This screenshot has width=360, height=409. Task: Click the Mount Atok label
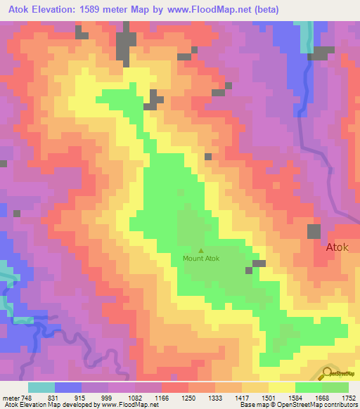point(201,259)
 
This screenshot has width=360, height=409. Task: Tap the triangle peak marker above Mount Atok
point(202,250)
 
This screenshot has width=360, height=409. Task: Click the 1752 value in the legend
point(349,397)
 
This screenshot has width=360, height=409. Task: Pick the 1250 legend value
point(188,397)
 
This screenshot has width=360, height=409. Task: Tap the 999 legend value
point(108,397)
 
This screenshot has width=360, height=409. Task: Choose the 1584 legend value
point(295,397)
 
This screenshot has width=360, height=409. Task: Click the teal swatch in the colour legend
point(41,387)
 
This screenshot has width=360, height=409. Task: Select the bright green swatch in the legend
point(308,387)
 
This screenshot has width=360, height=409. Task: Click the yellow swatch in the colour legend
point(281,387)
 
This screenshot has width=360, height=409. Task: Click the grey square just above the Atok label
point(314,231)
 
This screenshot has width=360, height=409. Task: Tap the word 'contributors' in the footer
point(337,405)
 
